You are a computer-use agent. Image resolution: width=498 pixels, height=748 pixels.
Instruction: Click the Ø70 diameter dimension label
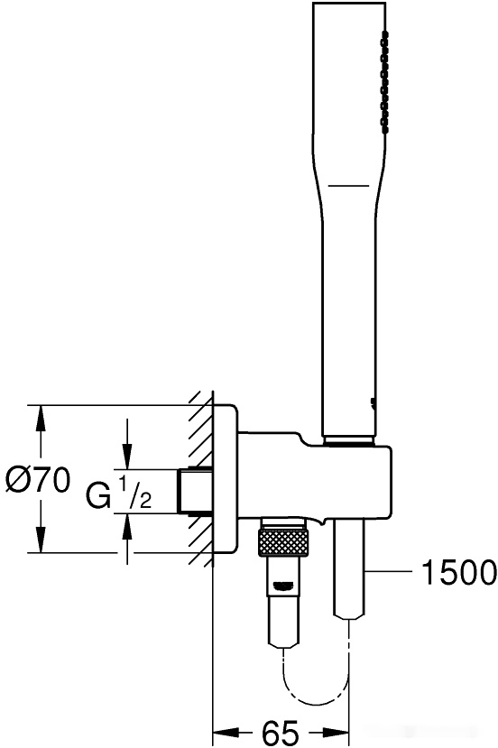pyautogui.click(x=38, y=480)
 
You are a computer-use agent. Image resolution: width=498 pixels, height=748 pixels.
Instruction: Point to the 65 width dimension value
pyautogui.click(x=281, y=733)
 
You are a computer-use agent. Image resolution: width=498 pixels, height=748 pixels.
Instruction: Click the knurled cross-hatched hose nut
pyautogui.click(x=283, y=542)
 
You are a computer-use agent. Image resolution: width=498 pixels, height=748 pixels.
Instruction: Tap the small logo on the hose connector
pyautogui.click(x=283, y=586)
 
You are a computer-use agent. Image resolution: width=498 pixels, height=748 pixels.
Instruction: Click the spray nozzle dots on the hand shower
pyautogui.click(x=384, y=79)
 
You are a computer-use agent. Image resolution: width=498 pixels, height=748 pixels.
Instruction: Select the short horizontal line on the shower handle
pyautogui.click(x=349, y=185)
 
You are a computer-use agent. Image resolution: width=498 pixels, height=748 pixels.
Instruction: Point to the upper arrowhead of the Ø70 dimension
pyautogui.click(x=41, y=419)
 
